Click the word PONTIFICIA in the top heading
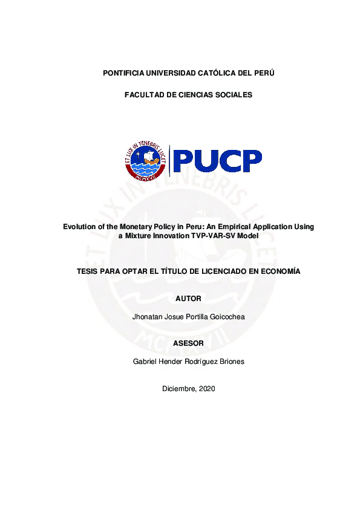coord(123,73)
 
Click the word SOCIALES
coord(232,95)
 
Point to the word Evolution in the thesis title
coord(81,227)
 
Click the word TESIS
coord(88,271)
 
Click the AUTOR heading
coord(188,299)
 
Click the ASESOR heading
coord(188,343)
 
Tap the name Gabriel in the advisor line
coord(144,361)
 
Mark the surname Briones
coord(231,361)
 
